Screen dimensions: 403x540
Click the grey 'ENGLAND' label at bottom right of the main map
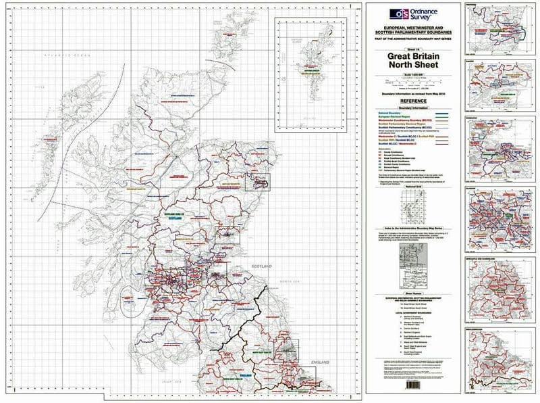tap(319, 363)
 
